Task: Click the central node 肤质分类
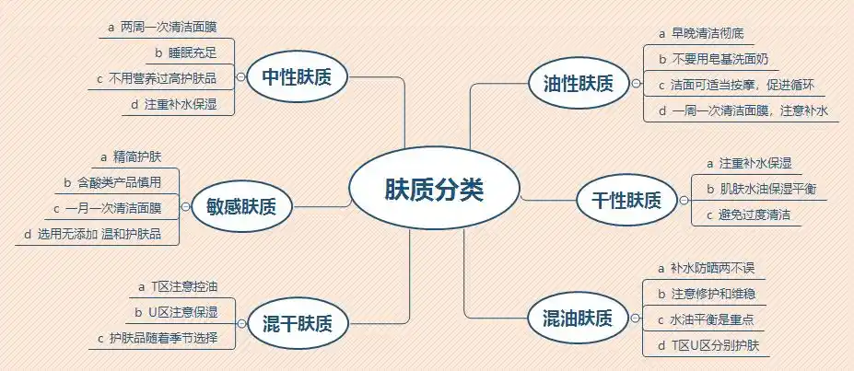click(433, 191)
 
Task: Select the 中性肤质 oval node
click(296, 77)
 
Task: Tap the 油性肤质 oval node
click(572, 84)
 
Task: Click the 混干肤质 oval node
click(298, 324)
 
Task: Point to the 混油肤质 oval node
click(571, 319)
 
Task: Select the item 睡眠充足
click(194, 52)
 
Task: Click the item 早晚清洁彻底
click(707, 34)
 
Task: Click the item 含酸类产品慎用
click(120, 182)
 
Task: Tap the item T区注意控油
click(183, 287)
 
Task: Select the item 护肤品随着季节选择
click(163, 339)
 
